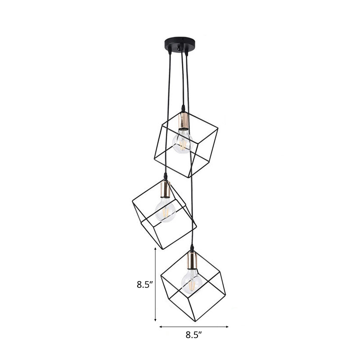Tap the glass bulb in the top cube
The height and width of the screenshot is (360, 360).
[x=182, y=141]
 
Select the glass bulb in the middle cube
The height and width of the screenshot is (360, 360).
[x=165, y=210]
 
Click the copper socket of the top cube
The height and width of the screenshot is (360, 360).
[x=183, y=121]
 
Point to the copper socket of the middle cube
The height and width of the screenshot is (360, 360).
[x=165, y=189]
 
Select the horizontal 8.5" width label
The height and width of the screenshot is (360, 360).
[x=194, y=334]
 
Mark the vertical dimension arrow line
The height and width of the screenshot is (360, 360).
[x=155, y=284]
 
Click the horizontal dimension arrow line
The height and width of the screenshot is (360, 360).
[x=194, y=326]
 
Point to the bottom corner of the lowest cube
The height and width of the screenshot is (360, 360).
[x=195, y=321]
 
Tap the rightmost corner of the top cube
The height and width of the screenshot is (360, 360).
[x=218, y=130]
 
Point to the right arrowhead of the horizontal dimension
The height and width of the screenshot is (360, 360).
[x=228, y=326]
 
